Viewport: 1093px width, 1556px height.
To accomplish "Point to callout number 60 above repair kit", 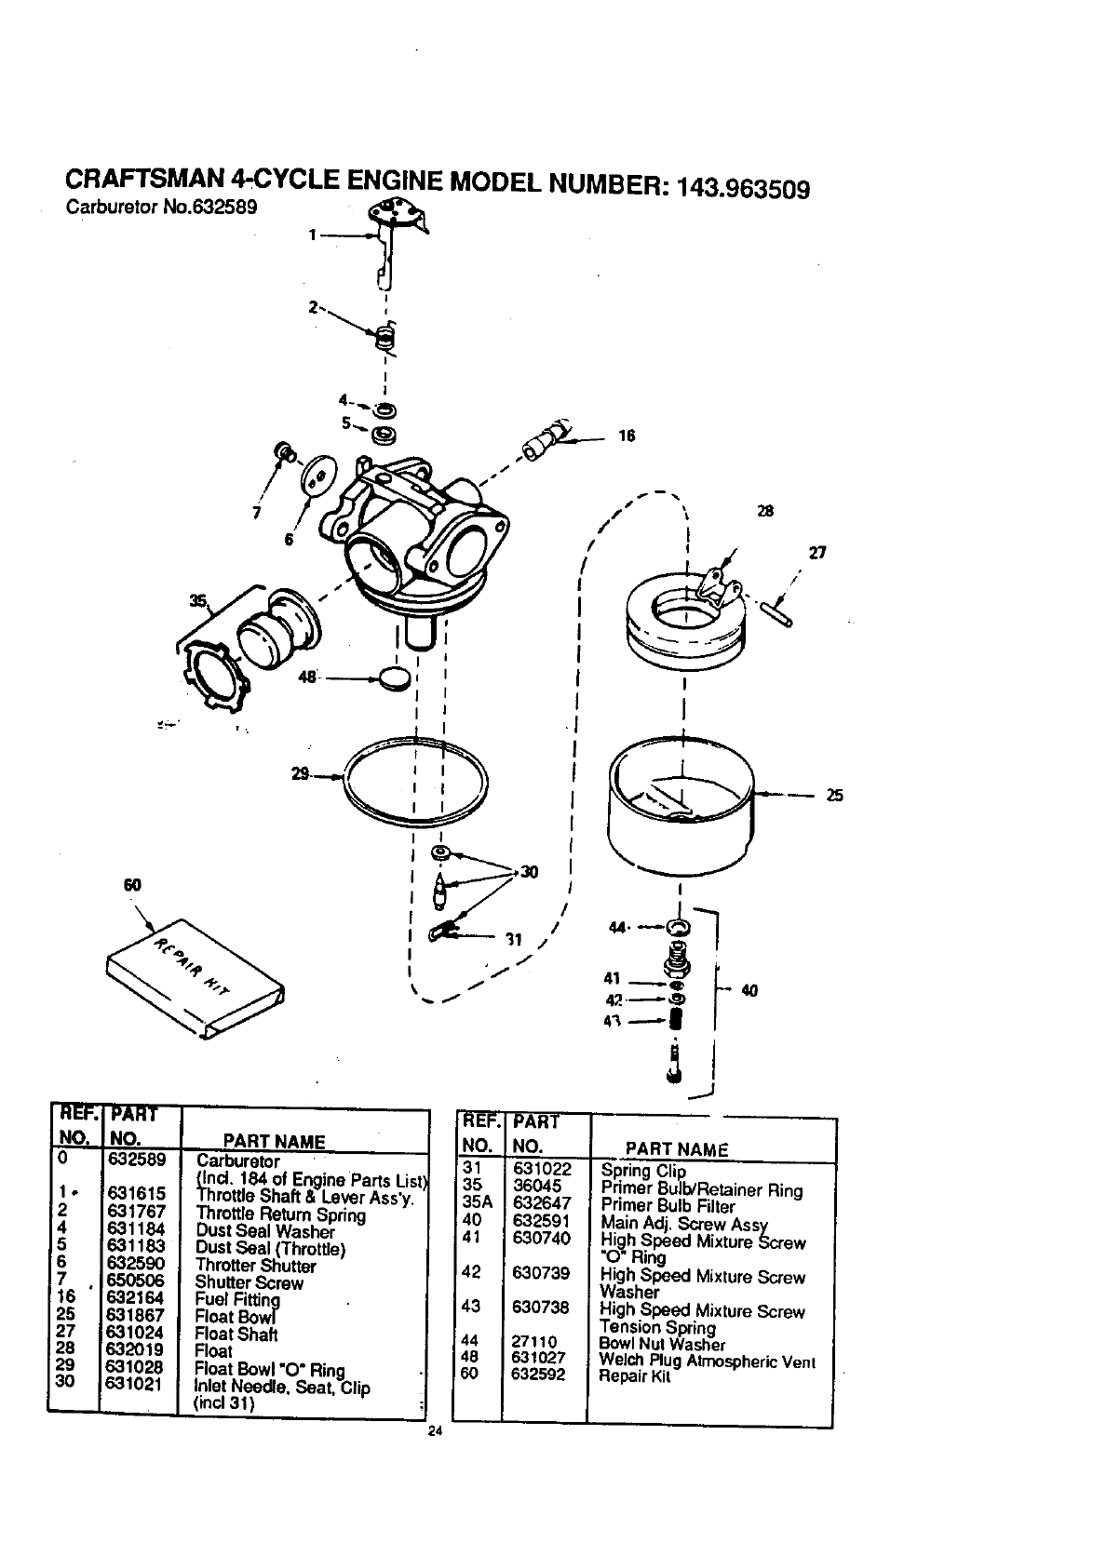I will [131, 885].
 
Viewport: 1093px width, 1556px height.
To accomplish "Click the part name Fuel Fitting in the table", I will [237, 1299].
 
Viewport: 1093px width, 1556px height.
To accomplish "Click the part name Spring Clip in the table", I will [643, 1171].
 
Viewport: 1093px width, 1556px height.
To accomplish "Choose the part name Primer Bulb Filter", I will [668, 1206].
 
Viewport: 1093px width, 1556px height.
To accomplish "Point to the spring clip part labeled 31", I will [440, 930].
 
